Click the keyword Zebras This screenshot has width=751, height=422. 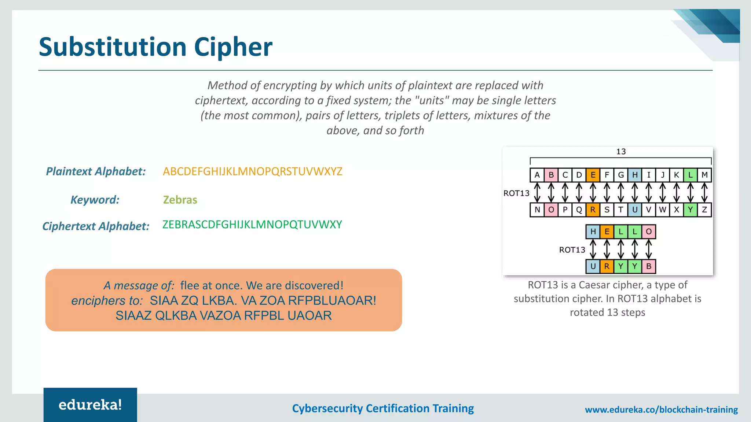(x=180, y=200)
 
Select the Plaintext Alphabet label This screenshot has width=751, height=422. (x=96, y=171)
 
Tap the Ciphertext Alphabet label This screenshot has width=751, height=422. (x=96, y=226)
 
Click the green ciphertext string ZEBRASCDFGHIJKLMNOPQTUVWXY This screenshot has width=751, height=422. (x=252, y=225)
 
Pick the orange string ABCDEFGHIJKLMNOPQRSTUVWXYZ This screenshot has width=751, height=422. (x=253, y=171)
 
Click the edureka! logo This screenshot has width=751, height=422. (x=90, y=405)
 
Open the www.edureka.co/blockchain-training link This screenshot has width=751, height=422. (x=661, y=410)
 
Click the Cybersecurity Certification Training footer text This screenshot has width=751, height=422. (x=383, y=408)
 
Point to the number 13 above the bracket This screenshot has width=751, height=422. (x=621, y=152)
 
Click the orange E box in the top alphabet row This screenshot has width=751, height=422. (x=593, y=175)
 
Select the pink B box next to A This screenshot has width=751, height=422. (x=551, y=175)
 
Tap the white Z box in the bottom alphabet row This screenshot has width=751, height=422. (x=704, y=210)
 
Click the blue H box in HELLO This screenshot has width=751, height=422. (x=593, y=232)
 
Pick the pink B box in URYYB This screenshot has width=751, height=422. (x=649, y=266)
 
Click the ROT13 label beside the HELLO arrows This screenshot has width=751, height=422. (x=572, y=250)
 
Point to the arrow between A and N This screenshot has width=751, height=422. (x=537, y=193)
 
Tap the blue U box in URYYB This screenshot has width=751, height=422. (x=593, y=266)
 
